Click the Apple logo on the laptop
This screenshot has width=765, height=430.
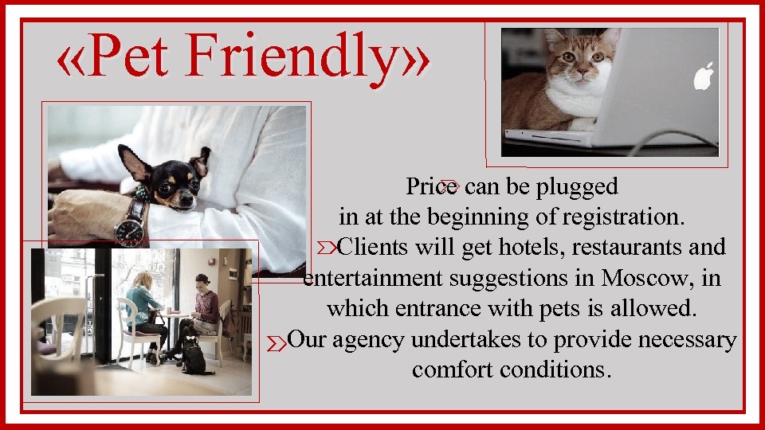[703, 76]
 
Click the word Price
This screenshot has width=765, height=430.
[431, 186]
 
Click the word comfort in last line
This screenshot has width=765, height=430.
[449, 370]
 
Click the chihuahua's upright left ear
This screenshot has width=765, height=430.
[133, 162]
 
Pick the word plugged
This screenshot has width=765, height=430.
[577, 186]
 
